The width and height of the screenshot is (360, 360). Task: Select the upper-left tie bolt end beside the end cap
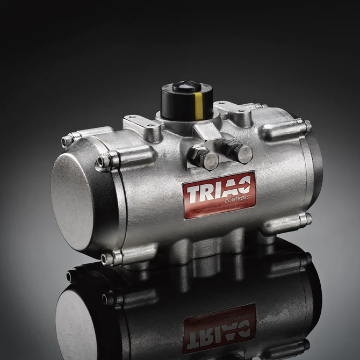[x=67, y=141]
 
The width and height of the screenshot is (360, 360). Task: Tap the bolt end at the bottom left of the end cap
[x=107, y=259]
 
